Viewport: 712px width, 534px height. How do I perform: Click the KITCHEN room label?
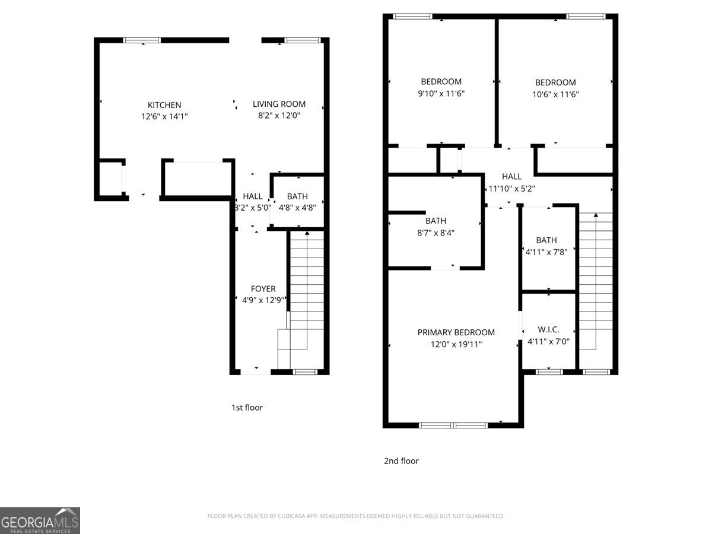(164, 105)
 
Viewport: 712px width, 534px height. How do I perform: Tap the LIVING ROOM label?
(279, 104)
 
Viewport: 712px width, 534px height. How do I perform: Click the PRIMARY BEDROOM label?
(456, 332)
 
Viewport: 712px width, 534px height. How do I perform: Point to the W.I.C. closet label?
(548, 329)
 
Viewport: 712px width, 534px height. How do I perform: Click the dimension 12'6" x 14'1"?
(164, 117)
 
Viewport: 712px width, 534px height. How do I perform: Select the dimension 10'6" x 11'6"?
(555, 94)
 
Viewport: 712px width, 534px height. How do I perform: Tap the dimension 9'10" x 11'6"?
(441, 93)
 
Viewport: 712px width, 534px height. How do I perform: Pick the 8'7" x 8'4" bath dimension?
(436, 233)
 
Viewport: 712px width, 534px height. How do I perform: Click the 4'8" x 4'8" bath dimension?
(297, 208)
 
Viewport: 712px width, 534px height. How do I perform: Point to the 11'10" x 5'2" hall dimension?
(511, 189)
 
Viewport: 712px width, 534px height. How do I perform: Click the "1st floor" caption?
(247, 408)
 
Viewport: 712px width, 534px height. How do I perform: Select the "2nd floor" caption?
(401, 460)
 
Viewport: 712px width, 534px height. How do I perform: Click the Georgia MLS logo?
(40, 520)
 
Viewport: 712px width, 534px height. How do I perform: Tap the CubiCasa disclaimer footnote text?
(356, 516)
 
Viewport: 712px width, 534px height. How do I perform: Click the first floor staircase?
(306, 297)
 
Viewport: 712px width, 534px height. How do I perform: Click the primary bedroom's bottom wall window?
(453, 425)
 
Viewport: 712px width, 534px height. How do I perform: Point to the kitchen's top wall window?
(142, 40)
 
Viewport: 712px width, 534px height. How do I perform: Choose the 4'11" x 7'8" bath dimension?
(546, 252)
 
